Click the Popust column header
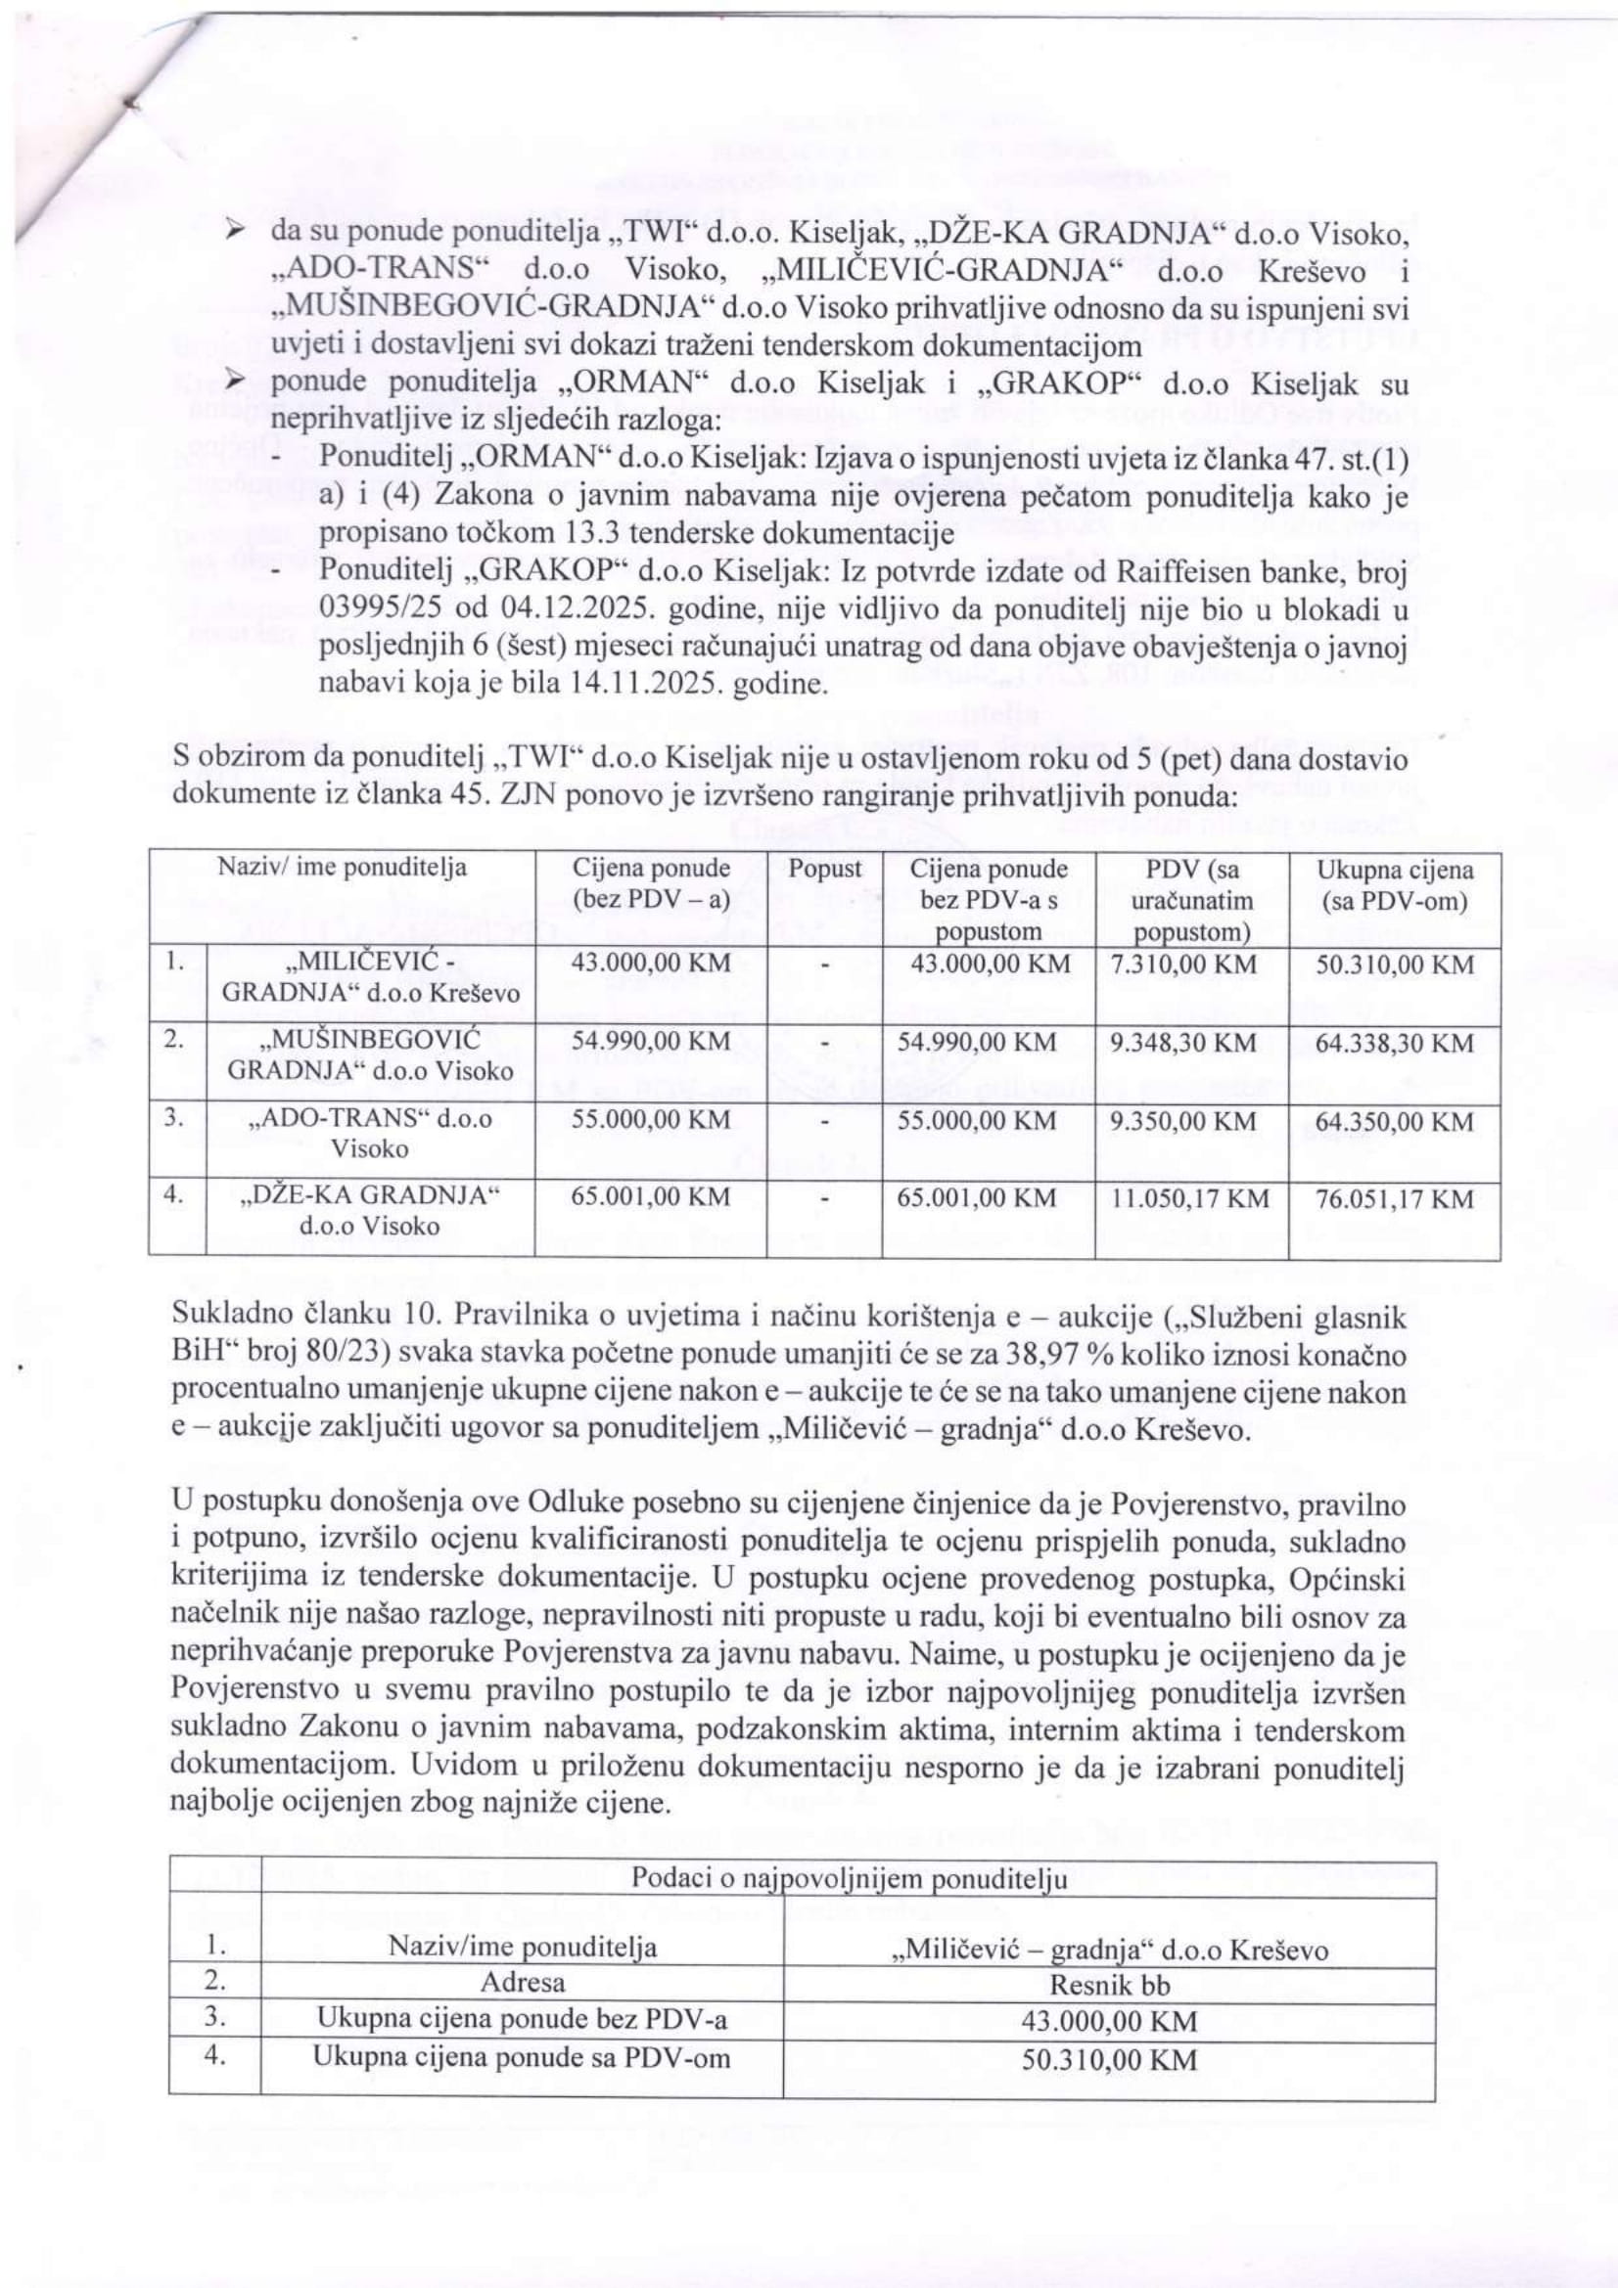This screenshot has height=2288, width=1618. [824, 869]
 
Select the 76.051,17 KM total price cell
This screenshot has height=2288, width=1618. [1394, 1199]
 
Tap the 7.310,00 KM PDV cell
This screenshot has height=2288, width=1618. [1181, 965]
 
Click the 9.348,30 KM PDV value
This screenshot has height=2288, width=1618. [1181, 1044]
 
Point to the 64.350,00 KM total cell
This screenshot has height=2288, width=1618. [1394, 1122]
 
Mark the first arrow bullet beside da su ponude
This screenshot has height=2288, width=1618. [234, 231]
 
